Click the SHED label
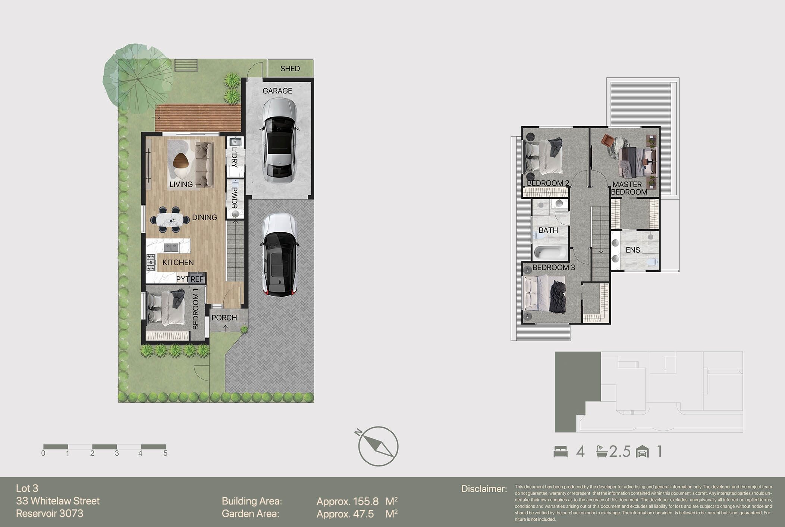click(x=290, y=69)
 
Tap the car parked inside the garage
click(x=280, y=140)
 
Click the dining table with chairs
click(x=170, y=220)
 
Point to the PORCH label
click(x=224, y=318)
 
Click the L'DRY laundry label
click(x=234, y=157)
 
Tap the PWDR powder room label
click(x=234, y=198)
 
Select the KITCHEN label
click(x=178, y=263)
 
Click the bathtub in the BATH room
click(x=550, y=253)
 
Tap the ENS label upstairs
click(x=632, y=250)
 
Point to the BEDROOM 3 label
click(x=553, y=268)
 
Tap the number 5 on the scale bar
click(x=165, y=453)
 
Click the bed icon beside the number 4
click(x=561, y=452)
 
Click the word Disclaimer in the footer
click(x=484, y=489)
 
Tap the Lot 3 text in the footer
click(x=27, y=489)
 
